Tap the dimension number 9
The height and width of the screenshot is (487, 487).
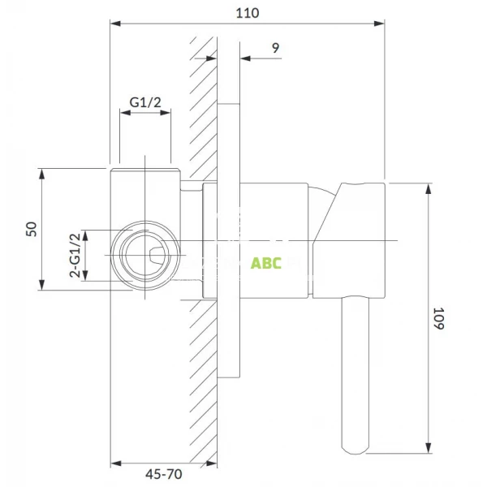[276, 48]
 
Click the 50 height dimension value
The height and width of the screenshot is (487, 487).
[32, 228]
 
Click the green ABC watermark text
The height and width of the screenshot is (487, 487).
[265, 264]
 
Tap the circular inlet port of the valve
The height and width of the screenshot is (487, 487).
[145, 256]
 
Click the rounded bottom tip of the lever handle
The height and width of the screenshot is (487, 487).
[357, 446]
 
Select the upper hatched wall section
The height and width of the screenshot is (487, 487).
[203, 106]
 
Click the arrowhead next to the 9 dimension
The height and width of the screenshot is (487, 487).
[245, 58]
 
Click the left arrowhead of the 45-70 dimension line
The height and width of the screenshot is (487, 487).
[114, 464]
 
